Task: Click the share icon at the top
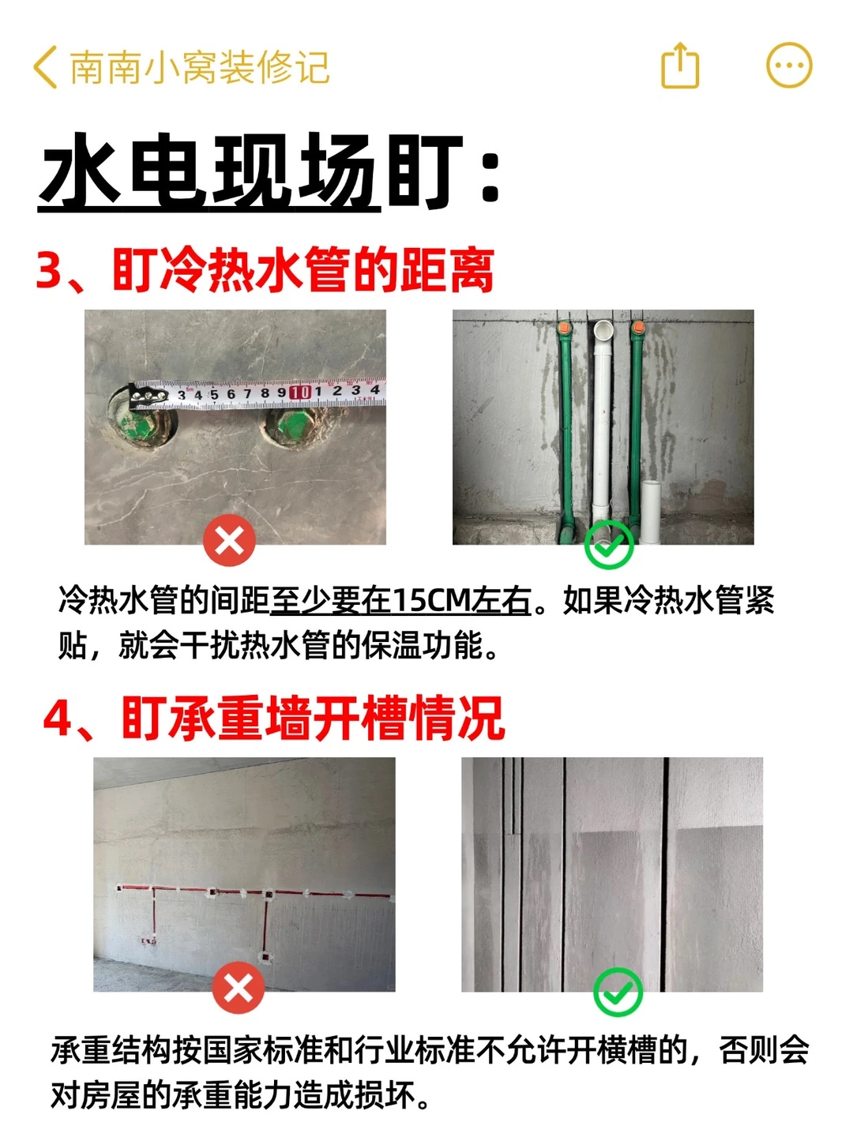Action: (680, 66)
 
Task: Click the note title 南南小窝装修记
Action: (199, 67)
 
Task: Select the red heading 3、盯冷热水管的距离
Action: (265, 269)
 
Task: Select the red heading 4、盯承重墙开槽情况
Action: (273, 719)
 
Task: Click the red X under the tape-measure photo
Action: (229, 541)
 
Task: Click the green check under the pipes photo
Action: (609, 544)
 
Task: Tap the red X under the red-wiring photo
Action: (239, 988)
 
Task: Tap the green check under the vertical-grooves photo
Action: (618, 992)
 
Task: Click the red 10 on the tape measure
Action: (300, 392)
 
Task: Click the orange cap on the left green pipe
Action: (564, 328)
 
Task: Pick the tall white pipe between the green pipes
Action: (602, 425)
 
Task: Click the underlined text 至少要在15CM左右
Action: (400, 602)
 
